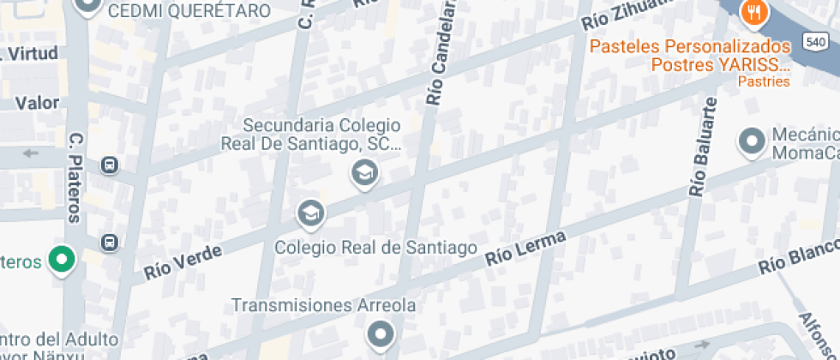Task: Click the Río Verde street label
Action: pyautogui.click(x=183, y=261)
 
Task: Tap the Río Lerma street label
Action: pyautogui.click(x=525, y=247)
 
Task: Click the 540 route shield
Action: pyautogui.click(x=815, y=41)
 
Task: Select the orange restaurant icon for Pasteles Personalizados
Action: pyautogui.click(x=755, y=12)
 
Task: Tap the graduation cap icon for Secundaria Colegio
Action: pyautogui.click(x=365, y=174)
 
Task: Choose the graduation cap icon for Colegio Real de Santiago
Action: pyautogui.click(x=310, y=212)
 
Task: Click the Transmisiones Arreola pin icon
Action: pyautogui.click(x=380, y=333)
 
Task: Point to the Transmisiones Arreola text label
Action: pyautogui.click(x=325, y=305)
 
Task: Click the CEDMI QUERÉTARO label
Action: pyautogui.click(x=189, y=11)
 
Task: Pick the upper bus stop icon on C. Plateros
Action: pyautogui.click(x=109, y=165)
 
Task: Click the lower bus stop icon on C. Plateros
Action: pyautogui.click(x=109, y=243)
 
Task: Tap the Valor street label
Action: pyautogui.click(x=37, y=103)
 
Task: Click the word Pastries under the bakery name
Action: pyautogui.click(x=763, y=82)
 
